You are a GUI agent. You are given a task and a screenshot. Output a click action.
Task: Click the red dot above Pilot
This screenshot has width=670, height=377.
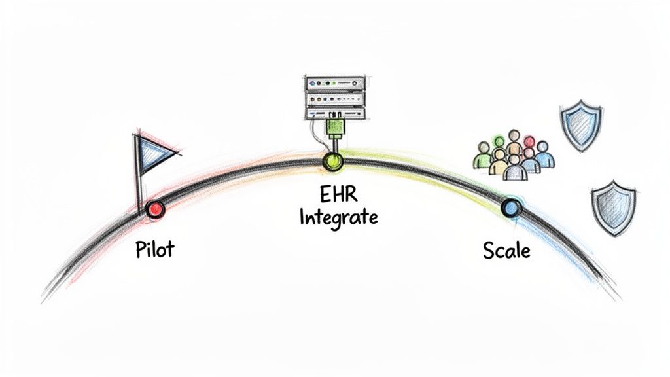156,209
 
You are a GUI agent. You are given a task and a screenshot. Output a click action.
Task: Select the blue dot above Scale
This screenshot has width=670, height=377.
510,208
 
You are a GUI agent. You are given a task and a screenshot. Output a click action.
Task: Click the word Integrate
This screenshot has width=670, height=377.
338,217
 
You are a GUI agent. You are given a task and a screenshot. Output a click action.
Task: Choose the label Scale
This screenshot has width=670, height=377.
506,250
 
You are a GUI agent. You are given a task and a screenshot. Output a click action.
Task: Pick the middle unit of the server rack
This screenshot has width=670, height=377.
334,98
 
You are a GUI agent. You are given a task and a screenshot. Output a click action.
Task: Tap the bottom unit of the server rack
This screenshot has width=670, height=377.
334,112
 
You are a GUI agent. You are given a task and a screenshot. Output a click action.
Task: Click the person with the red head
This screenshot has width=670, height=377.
529,143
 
